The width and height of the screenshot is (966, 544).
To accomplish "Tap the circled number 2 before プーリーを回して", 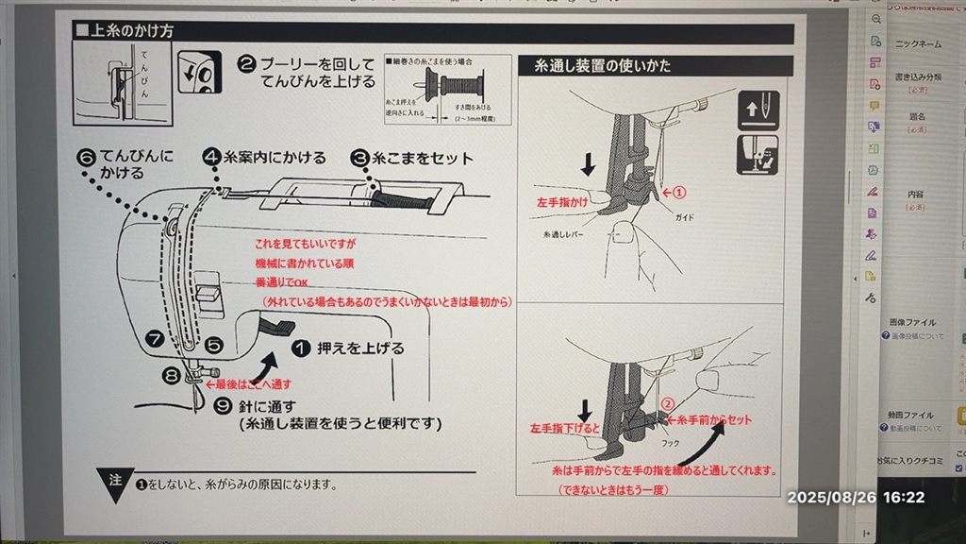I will (x=246, y=64).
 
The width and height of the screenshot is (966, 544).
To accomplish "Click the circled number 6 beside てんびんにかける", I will (x=86, y=156).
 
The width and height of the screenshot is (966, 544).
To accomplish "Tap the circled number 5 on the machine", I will (x=213, y=346).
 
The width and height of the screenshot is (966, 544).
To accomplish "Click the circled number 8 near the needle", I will (x=170, y=375).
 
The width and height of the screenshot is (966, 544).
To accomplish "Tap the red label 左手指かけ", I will (x=561, y=202).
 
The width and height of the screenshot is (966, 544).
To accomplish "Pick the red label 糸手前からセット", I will (x=709, y=419).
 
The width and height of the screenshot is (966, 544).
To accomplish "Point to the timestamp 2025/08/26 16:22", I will (x=856, y=497).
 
